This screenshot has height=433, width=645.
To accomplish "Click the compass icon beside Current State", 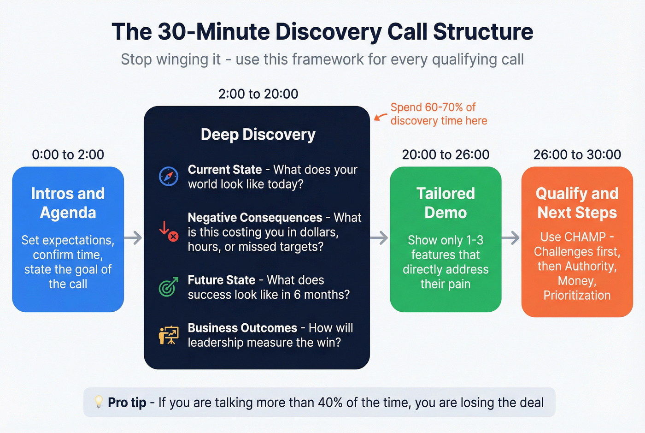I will point(169,177).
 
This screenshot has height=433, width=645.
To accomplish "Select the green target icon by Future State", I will point(168,287).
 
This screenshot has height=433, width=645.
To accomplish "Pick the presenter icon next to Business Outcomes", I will point(169,335).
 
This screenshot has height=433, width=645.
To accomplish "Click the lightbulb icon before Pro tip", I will point(99,402).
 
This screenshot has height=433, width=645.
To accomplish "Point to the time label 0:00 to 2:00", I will point(68,154).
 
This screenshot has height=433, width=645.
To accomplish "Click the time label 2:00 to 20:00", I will point(258,94).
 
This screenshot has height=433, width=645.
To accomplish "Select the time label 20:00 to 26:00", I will point(446,154).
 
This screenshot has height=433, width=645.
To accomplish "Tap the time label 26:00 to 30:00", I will point(577,154).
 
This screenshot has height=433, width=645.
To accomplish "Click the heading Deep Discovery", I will point(258,135).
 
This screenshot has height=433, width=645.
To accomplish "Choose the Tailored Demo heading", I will point(446,203).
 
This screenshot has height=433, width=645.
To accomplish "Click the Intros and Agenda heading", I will point(68,203).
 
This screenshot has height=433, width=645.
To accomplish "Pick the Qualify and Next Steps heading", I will point(577,203).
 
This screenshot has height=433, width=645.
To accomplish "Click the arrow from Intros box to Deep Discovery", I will point(133,238).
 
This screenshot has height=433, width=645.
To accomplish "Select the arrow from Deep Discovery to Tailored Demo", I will point(379,238).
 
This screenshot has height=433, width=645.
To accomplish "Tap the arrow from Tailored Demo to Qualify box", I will point(510,238).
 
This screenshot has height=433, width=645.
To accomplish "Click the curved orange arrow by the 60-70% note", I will point(381,117).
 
